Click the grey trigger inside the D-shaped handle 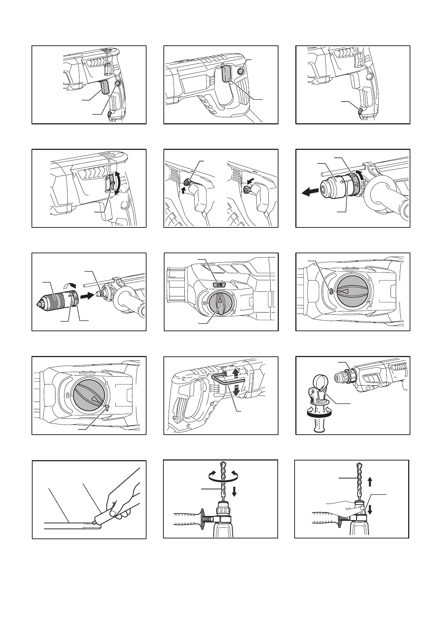pyautogui.click(x=226, y=74)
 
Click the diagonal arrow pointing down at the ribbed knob pyautogui.click(x=251, y=181)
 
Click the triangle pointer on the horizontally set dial pyautogui.click(x=344, y=291)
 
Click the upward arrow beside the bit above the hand pyautogui.click(x=370, y=482)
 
